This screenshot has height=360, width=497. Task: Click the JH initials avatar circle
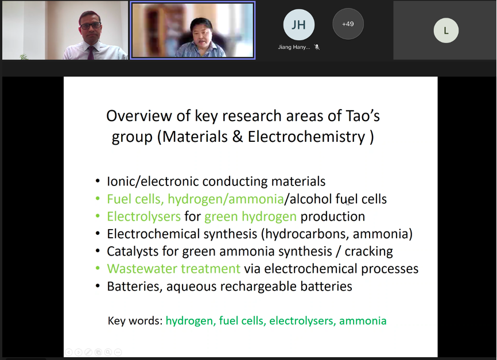point(298,25)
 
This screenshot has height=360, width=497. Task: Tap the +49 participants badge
point(348,24)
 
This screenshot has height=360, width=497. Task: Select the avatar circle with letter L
point(446,30)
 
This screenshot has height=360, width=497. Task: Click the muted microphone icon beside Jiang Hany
point(317,47)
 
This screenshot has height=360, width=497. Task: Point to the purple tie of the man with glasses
point(91,53)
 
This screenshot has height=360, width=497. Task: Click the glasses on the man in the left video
point(91,26)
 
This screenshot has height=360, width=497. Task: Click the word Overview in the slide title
point(139,116)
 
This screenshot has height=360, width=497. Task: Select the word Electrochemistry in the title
point(306,137)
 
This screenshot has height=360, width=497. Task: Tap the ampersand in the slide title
point(238,137)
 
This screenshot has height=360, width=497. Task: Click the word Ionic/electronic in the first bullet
point(153,181)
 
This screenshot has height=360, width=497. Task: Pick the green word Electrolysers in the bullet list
point(143,216)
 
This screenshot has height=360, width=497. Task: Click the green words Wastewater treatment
point(174,269)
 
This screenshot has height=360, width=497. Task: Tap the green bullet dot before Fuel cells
point(98,199)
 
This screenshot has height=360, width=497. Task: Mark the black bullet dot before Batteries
point(98,287)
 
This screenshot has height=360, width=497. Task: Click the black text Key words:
point(135,320)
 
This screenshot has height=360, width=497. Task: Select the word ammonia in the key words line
point(363,320)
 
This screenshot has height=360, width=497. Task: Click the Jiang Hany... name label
point(294,47)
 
